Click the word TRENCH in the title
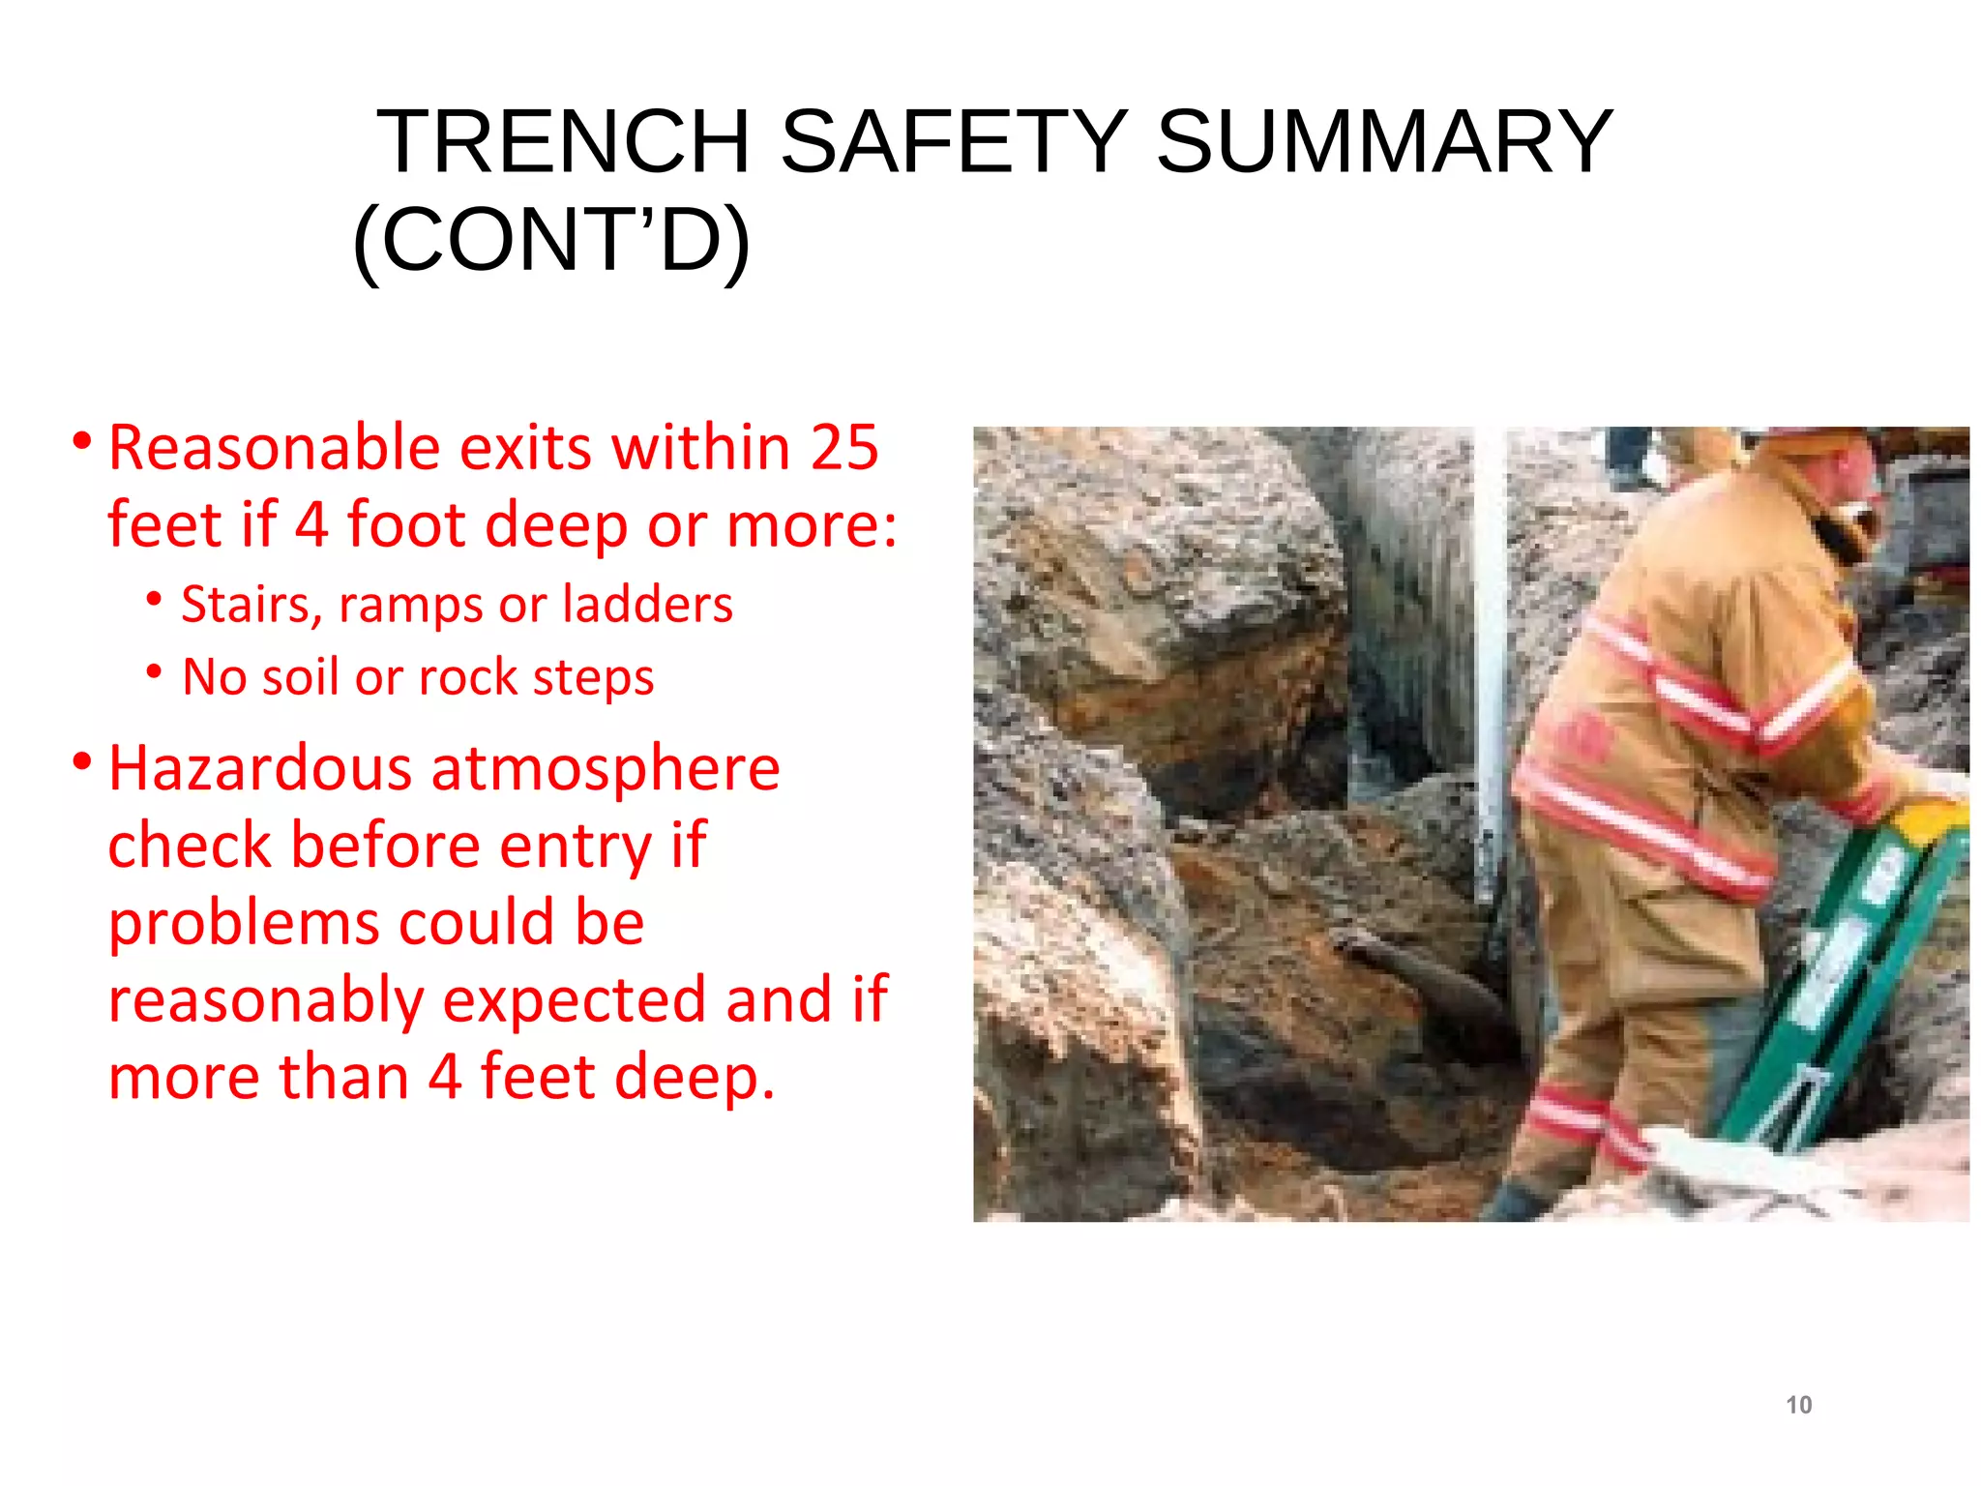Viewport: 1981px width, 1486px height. click(x=563, y=142)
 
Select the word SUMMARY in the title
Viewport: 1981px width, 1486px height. click(x=1384, y=142)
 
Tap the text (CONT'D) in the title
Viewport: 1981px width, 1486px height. click(x=551, y=241)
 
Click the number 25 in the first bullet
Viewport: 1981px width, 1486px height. click(x=843, y=448)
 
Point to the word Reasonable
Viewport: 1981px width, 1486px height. click(x=275, y=448)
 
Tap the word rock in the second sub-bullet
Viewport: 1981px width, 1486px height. click(x=468, y=676)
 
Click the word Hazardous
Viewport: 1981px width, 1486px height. click(x=260, y=769)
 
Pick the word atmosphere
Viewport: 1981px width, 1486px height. click(x=605, y=769)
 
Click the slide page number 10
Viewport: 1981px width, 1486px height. click(x=1798, y=1405)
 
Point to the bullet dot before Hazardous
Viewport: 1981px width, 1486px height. click(x=82, y=762)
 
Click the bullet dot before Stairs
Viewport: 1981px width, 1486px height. click(x=155, y=599)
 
